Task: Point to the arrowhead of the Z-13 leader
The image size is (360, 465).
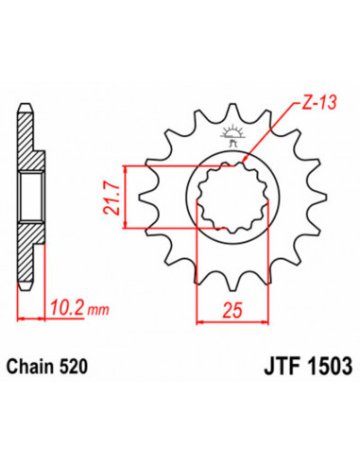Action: (247, 153)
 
